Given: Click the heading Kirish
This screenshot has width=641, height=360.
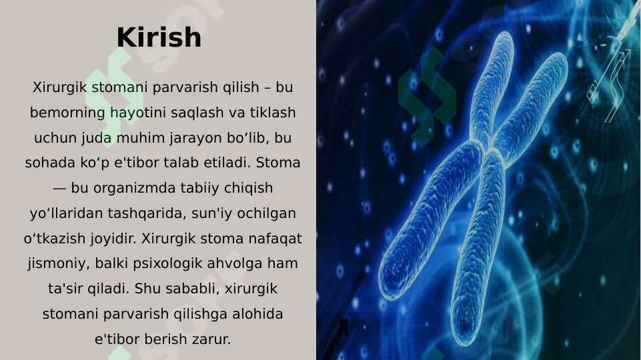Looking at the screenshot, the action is [159, 37].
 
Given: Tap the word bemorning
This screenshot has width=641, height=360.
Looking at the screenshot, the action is [67, 113].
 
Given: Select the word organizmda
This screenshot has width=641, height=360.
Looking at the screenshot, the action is [135, 189].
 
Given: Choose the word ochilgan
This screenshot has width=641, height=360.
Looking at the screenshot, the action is [266, 213].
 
